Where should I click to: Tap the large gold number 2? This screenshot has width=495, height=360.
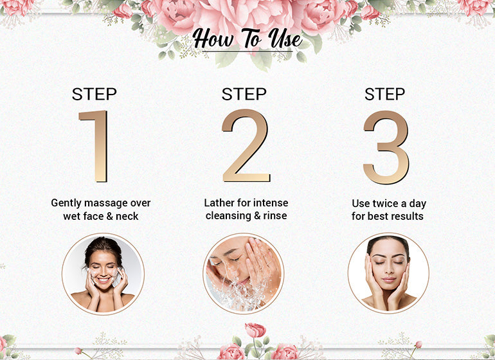point(246,146)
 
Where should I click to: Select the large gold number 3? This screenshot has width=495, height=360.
point(386,147)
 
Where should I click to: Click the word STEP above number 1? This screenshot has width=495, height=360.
point(94,94)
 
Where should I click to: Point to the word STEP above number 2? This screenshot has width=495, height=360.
point(244,94)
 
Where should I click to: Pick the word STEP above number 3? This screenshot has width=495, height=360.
point(385,94)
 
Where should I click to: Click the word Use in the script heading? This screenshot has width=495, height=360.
point(285,39)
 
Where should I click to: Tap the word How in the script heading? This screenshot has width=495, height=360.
point(213,39)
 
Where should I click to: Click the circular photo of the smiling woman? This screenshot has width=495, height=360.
point(104,274)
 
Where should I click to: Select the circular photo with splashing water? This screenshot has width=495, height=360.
point(244,273)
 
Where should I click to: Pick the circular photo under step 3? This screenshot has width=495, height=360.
point(388,273)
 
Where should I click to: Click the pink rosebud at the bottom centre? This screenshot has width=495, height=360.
point(255,330)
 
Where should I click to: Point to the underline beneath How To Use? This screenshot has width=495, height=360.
point(248,51)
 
